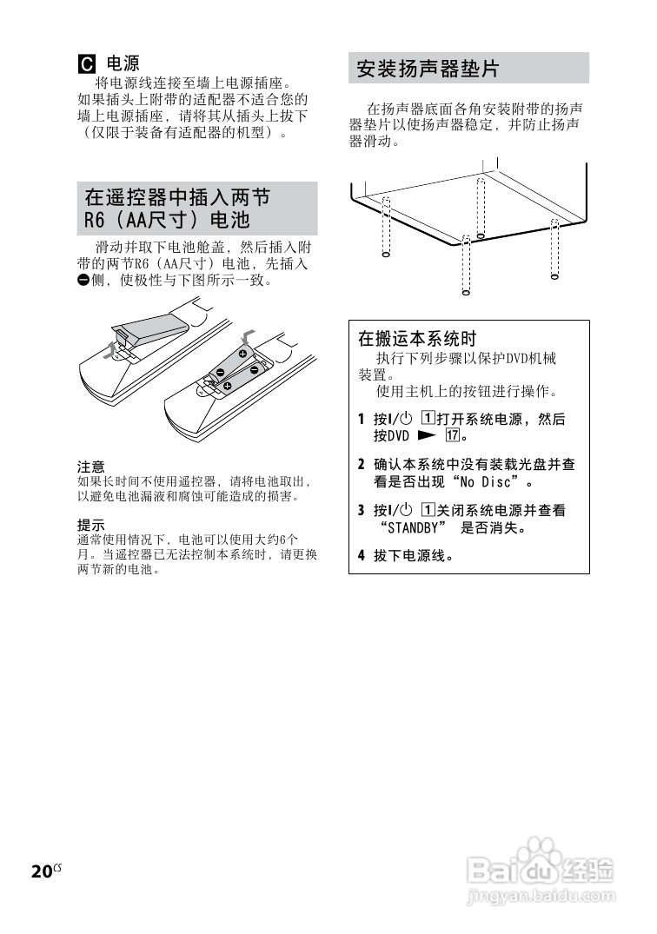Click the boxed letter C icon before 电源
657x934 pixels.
87,64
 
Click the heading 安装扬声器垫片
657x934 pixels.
428,69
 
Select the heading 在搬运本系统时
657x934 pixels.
417,338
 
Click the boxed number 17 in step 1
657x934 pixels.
452,435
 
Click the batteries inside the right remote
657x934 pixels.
235,368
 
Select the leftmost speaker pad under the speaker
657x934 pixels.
386,228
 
